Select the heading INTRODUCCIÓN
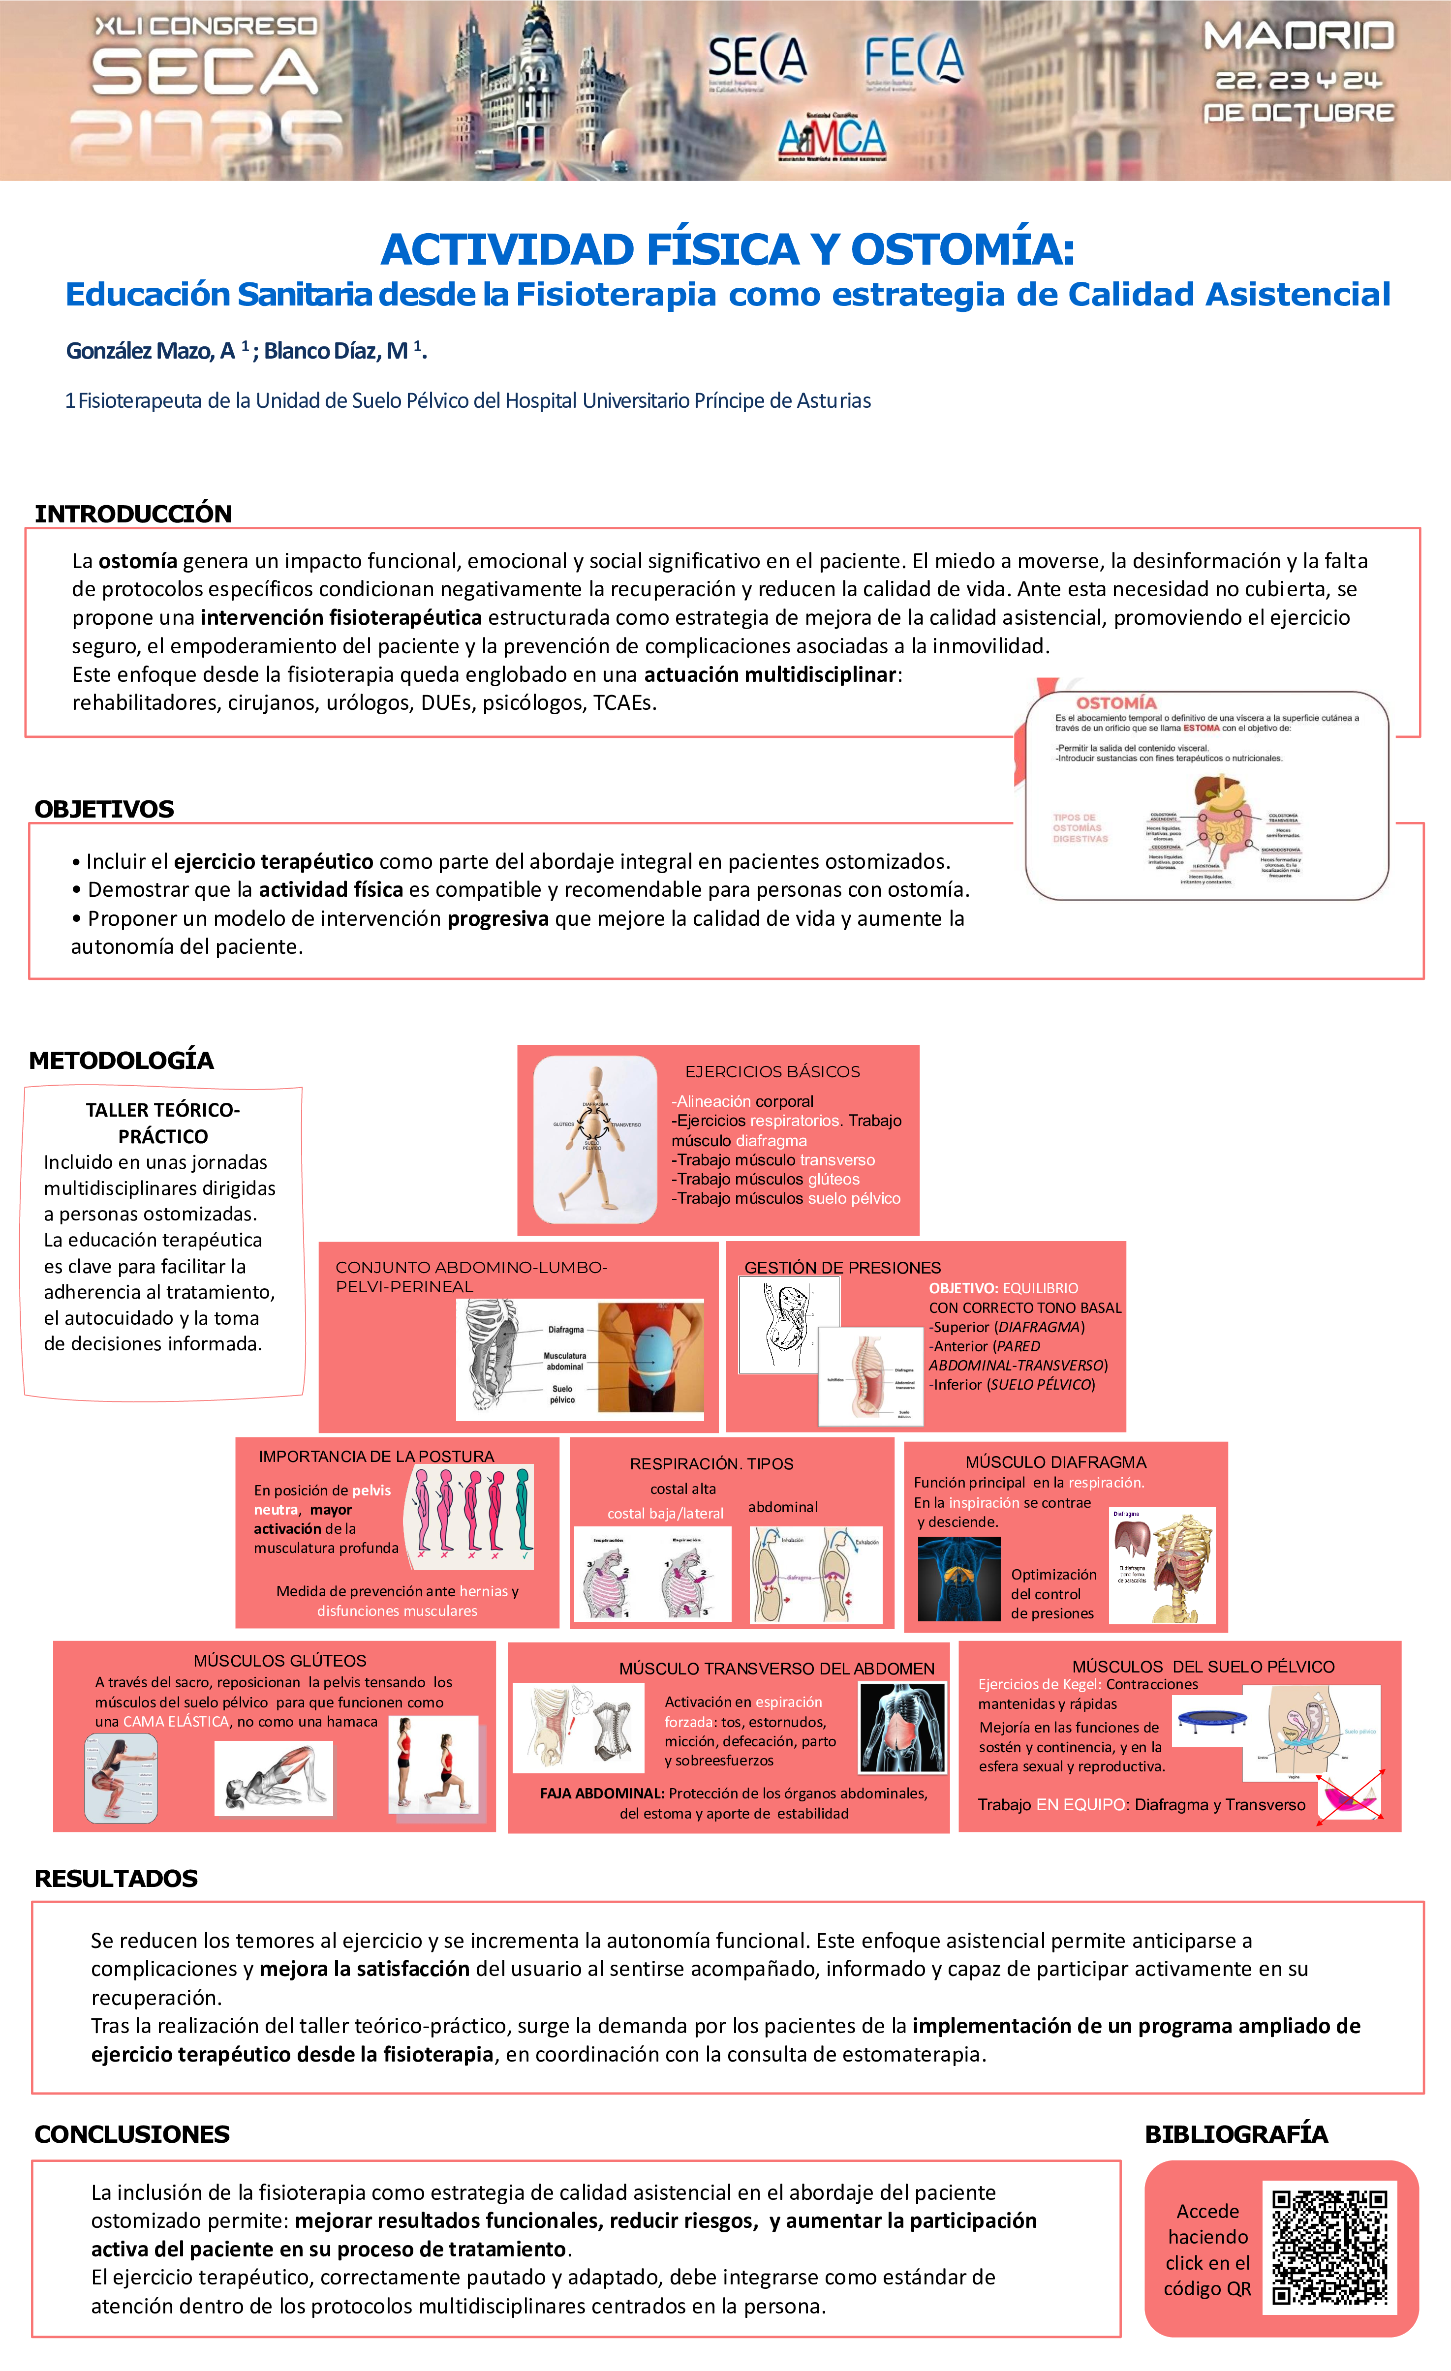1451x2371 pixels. pos(133,514)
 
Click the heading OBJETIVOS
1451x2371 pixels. pos(104,809)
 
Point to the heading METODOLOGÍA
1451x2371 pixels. pos(121,1061)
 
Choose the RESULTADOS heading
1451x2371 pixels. pos(116,1878)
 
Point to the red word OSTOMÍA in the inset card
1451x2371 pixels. pos(1116,703)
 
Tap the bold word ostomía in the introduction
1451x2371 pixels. pos(138,561)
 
